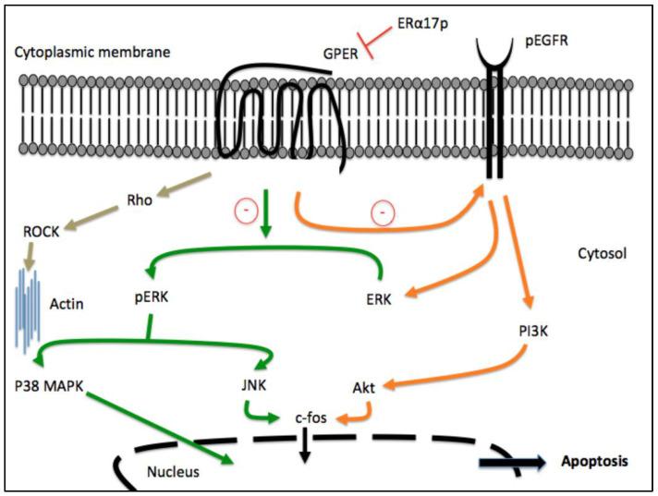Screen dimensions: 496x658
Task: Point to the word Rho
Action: [139, 198]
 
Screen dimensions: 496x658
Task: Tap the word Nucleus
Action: [173, 473]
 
